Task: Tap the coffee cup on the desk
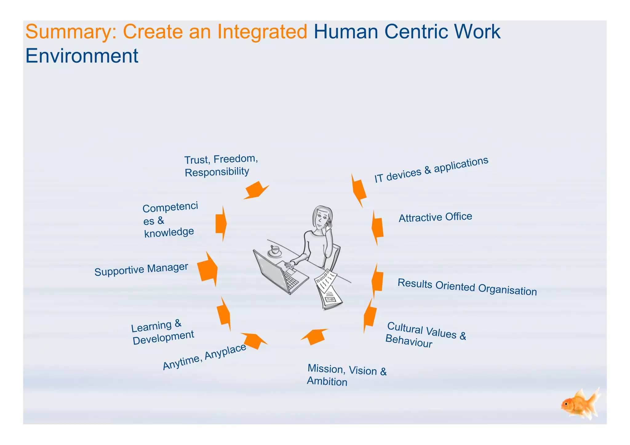(275, 251)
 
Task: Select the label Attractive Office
(435, 217)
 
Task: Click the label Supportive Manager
(141, 270)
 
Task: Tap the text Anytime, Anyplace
(205, 356)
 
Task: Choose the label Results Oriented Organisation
(467, 287)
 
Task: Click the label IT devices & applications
(431, 170)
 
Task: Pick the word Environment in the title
(82, 56)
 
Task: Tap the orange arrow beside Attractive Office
(377, 227)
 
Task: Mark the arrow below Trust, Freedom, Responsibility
(256, 191)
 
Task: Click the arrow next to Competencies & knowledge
(221, 223)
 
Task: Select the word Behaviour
(409, 341)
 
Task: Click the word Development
(163, 337)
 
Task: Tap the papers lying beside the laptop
(328, 289)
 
